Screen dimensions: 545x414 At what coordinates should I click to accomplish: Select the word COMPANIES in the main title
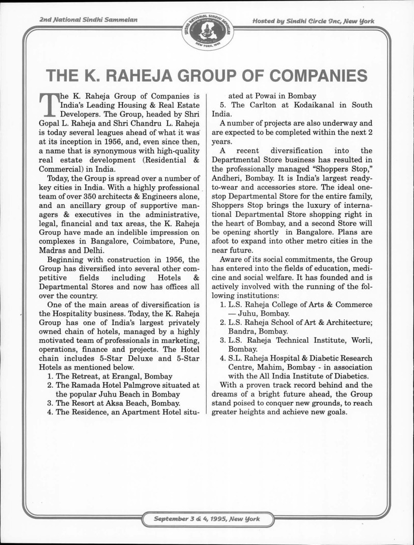coord(318,76)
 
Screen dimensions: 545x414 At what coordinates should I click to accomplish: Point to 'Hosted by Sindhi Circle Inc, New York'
coord(313,21)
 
